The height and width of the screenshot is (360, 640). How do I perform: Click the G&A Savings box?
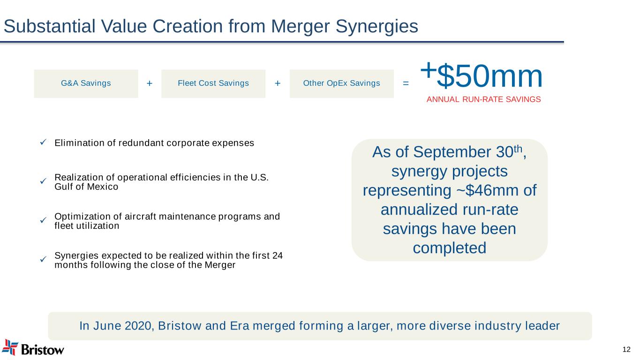(x=86, y=84)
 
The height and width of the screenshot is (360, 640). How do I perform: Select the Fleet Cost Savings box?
(x=213, y=84)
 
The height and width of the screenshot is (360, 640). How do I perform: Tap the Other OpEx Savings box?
(x=342, y=84)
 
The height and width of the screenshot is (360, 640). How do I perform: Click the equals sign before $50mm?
(x=406, y=83)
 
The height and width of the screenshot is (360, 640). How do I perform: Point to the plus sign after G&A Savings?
(x=150, y=83)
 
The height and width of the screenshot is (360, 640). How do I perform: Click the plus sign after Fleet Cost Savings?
(x=278, y=83)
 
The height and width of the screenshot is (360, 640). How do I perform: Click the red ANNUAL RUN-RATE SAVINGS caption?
(x=484, y=99)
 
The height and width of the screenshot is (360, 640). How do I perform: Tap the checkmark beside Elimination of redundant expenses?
(x=43, y=142)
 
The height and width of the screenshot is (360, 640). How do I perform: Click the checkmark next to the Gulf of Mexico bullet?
(x=43, y=181)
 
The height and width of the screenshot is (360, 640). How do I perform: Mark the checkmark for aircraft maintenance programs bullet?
(x=43, y=220)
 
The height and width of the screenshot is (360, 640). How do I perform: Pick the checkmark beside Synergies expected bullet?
(x=43, y=259)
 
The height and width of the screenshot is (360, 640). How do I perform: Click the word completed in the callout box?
(x=450, y=248)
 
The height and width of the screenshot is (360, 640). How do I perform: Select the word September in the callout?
(x=453, y=153)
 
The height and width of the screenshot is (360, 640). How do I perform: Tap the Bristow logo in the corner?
(x=33, y=348)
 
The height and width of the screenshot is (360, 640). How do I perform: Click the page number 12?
(x=626, y=349)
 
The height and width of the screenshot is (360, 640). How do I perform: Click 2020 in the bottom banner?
(x=138, y=326)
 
